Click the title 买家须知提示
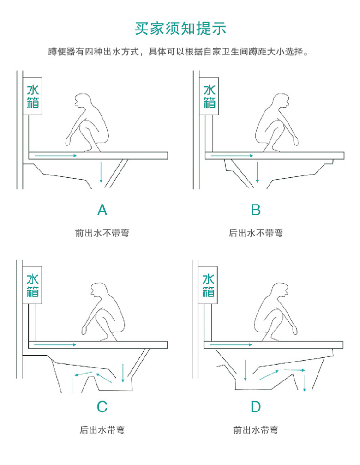pyautogui.click(x=180, y=29)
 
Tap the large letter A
pyautogui.click(x=102, y=210)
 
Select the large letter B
pyautogui.click(x=255, y=210)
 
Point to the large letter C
pyautogui.click(x=102, y=406)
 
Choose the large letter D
pyautogui.click(x=255, y=406)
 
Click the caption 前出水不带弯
pyautogui.click(x=102, y=233)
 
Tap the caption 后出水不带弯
pyautogui.click(x=255, y=233)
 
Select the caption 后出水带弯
pyautogui.click(x=102, y=430)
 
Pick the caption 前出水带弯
pyautogui.click(x=255, y=430)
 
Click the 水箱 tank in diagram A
pyautogui.click(x=33, y=96)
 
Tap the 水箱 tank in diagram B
pyautogui.click(x=209, y=96)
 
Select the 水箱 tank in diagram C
pyautogui.click(x=32, y=285)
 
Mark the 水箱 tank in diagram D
pyautogui.click(x=208, y=285)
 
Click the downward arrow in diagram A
pyautogui.click(x=101, y=172)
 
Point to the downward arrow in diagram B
pyautogui.click(x=257, y=172)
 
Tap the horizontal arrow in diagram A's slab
pyautogui.click(x=56, y=156)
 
